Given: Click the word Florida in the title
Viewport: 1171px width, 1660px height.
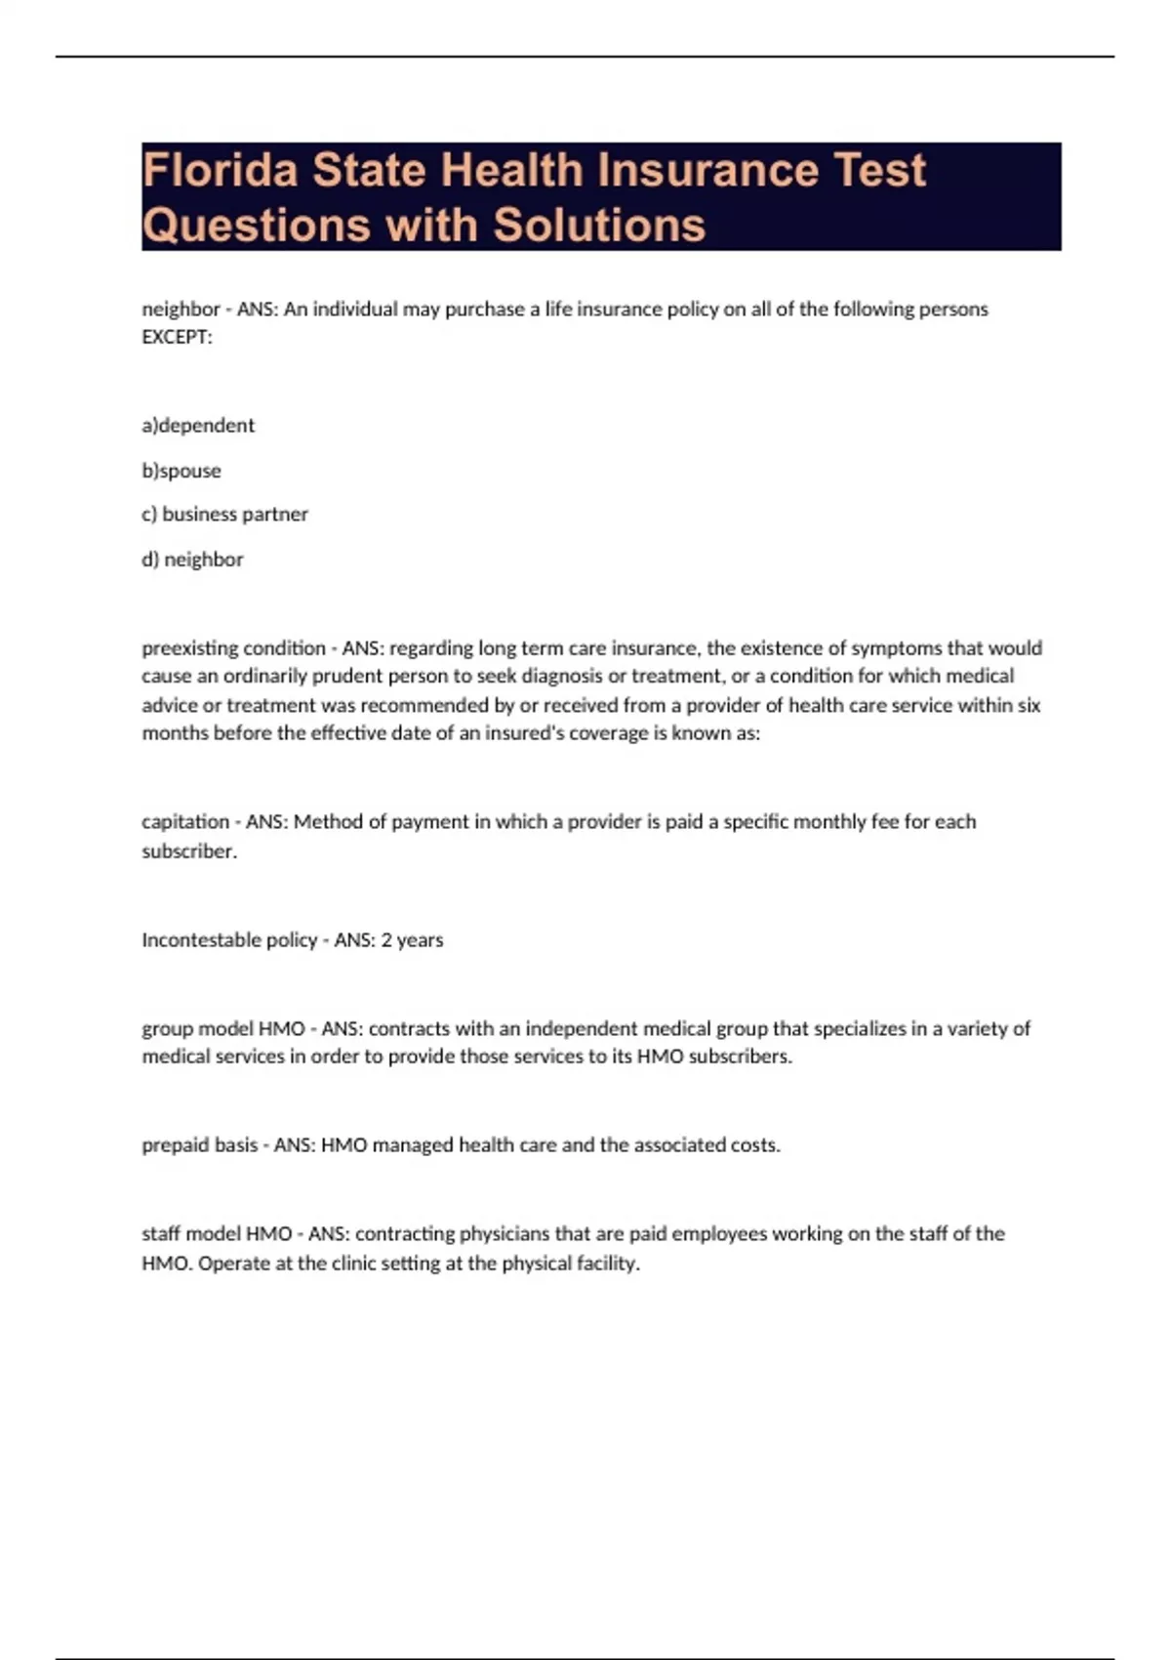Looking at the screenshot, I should click(x=221, y=170).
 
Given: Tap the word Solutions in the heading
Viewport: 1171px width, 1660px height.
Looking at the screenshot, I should click(x=598, y=225).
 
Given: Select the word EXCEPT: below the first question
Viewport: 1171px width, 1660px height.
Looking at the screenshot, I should click(x=177, y=337).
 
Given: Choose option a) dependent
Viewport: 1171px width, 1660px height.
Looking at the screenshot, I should click(x=198, y=426).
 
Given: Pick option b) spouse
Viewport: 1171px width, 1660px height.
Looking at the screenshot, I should click(x=182, y=471).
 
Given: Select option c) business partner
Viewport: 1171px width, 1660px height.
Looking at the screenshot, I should click(x=224, y=515).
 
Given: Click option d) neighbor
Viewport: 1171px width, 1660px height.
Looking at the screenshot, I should click(x=192, y=560).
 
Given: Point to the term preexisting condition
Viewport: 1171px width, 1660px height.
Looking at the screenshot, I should click(x=233, y=648).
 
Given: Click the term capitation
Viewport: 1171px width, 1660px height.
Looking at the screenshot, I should click(x=185, y=822).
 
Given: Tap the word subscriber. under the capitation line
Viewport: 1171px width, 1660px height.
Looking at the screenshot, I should click(x=189, y=851).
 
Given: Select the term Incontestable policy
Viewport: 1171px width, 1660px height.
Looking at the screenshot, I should click(x=229, y=940).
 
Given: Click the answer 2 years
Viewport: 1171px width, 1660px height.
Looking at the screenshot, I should click(x=412, y=940).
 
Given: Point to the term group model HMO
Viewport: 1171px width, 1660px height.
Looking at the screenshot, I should click(x=223, y=1028).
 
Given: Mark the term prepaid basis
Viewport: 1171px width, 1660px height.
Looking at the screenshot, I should click(x=200, y=1145).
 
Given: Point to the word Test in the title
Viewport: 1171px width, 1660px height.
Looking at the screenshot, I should click(x=880, y=170).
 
